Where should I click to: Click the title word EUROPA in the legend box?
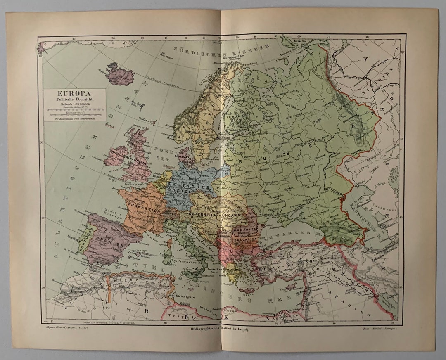point(75,93)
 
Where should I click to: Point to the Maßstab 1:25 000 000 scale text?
point(75,105)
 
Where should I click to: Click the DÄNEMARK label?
point(186,157)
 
